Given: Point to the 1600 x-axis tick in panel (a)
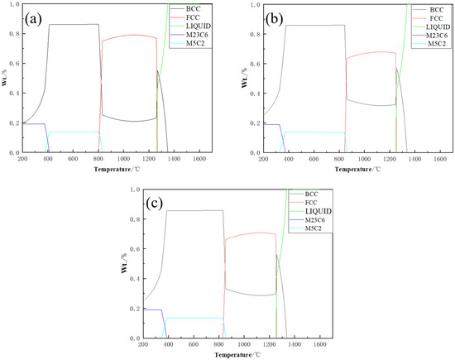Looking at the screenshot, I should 199,159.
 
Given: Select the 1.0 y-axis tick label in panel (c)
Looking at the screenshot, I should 135,190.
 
